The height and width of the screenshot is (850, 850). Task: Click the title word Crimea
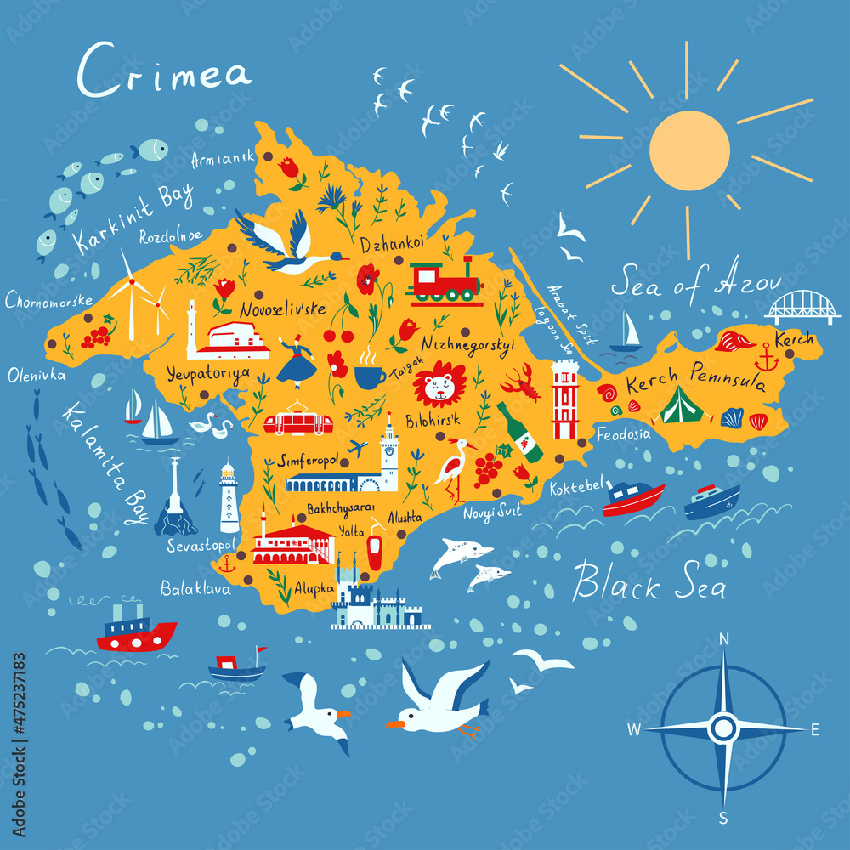coord(164,71)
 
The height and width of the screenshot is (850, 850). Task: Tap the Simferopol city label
coord(309,460)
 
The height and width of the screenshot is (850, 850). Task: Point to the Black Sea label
coord(649,583)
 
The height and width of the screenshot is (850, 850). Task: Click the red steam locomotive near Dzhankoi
coord(444,280)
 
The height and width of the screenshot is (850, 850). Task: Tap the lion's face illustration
coord(439,384)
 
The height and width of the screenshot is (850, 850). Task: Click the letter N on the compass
coord(724,639)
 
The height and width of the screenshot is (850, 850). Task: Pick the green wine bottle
coord(519,433)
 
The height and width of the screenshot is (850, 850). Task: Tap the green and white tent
coord(682,406)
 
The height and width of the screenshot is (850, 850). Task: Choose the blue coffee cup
coord(370,375)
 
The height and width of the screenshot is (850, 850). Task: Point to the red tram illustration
coord(297,422)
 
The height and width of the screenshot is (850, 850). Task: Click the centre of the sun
coord(689,150)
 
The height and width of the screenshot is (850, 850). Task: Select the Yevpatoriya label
coord(208,372)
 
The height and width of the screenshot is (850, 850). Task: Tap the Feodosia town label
coord(623,433)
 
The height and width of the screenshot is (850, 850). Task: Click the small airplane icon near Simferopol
coord(359,447)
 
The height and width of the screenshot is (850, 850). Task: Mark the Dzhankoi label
coord(392,244)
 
